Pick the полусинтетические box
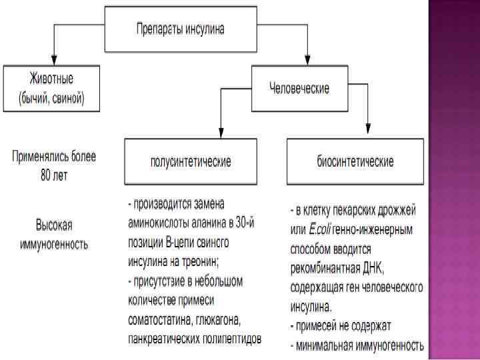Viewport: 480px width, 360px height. [191, 161]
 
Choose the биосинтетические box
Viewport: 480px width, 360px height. [355, 161]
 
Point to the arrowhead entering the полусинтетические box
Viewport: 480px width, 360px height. [221, 131]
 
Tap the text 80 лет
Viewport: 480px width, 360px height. [53, 176]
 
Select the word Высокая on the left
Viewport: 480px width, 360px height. [54, 224]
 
